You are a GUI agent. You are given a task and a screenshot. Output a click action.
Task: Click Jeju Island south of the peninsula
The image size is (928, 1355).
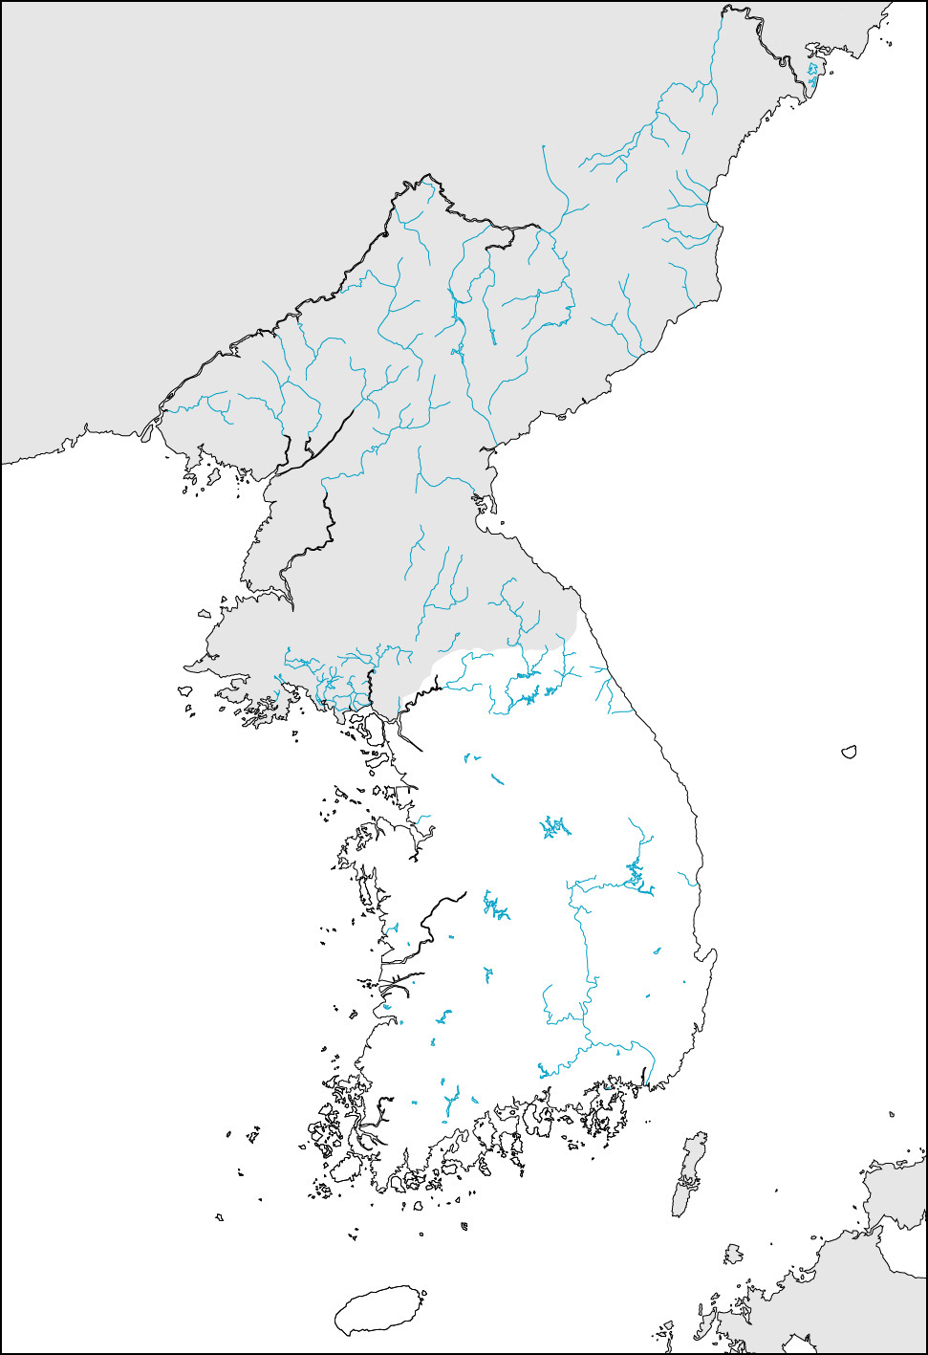[379, 1310]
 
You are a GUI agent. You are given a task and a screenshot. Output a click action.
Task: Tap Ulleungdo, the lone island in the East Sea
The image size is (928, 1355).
[848, 753]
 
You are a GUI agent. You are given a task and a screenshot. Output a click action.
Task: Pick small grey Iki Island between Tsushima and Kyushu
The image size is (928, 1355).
[733, 1254]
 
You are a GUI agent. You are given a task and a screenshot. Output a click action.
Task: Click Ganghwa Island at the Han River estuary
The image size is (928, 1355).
[365, 729]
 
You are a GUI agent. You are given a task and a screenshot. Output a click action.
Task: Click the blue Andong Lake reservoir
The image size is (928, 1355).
[635, 875]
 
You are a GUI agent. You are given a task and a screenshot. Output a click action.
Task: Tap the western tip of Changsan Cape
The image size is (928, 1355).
[187, 667]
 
